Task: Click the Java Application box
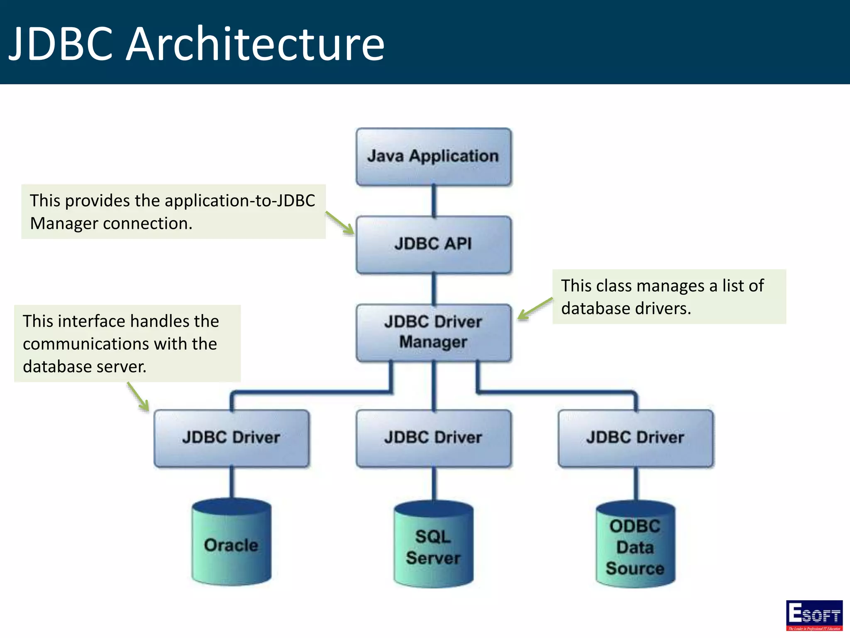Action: pos(433,157)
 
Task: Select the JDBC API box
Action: pos(433,244)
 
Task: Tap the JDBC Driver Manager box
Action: pos(433,332)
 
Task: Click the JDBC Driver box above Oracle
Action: pos(231,438)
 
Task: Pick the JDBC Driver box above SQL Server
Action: pos(433,438)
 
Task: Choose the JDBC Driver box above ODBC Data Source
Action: pos(635,438)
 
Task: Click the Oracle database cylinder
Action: pos(231,544)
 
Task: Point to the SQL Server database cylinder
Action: pos(433,546)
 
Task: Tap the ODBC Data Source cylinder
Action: pos(635,546)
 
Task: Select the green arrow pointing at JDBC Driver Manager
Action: pos(535,309)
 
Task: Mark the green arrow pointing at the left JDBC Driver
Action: pos(138,397)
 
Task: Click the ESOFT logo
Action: pos(814,615)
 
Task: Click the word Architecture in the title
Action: pos(255,44)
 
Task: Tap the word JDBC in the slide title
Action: pos(61,44)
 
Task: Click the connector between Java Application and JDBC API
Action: pos(434,201)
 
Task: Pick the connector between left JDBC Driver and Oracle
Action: pos(232,483)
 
